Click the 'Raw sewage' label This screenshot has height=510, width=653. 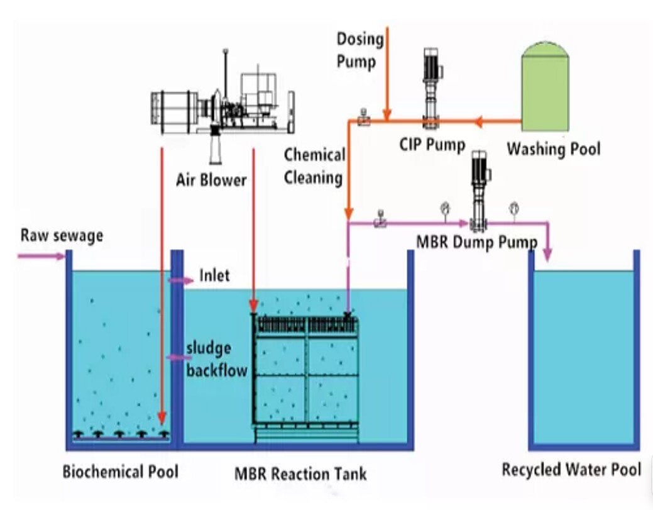point(62,236)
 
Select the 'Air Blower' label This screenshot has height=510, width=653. point(211,181)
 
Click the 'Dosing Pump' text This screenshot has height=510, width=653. point(360,50)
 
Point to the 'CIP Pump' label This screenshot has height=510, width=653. point(432,145)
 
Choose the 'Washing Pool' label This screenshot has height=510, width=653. point(553,149)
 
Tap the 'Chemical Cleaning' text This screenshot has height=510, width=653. point(314,167)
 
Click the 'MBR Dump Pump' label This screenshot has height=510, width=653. point(476,241)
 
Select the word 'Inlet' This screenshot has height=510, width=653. point(214,275)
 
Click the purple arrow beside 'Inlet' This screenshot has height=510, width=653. point(180,280)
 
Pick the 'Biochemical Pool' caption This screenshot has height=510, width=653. point(120,471)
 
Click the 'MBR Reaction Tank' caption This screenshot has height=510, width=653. point(300,473)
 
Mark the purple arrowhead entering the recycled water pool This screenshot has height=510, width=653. point(547,253)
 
